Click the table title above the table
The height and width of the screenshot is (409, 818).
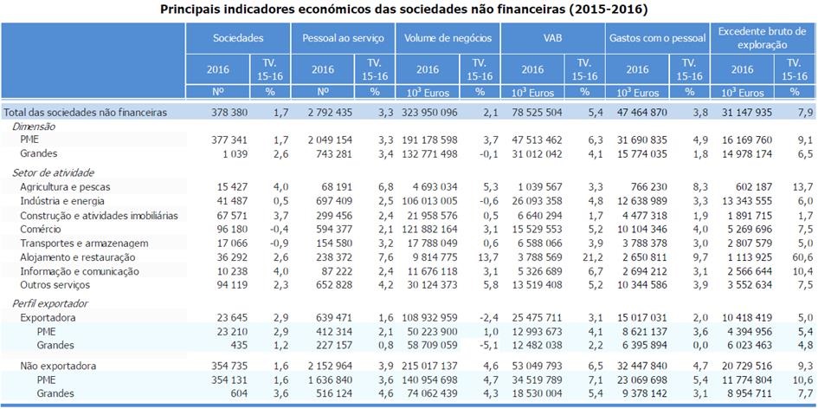pos(409,10)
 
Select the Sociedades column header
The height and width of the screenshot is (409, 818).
pos(237,38)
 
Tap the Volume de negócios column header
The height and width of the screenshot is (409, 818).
pos(447,38)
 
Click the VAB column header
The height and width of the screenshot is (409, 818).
pos(552,38)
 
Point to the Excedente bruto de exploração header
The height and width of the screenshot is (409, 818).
pos(762,38)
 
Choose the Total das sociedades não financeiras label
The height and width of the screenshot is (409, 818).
pos(86,113)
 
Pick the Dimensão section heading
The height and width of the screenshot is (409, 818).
pos(34,127)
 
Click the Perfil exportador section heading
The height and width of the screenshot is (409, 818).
pos(49,304)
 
